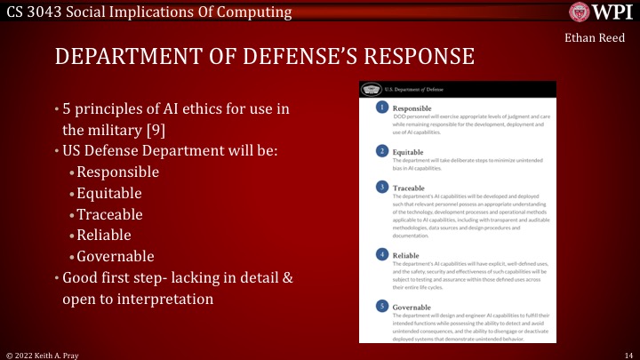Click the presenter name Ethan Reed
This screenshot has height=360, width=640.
click(596, 38)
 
